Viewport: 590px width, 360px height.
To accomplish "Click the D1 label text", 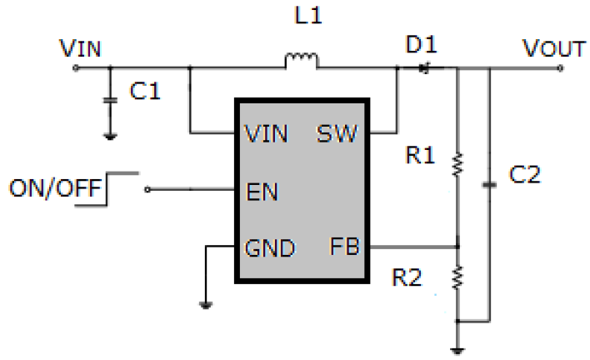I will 421,46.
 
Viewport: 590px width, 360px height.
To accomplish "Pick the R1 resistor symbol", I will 457,164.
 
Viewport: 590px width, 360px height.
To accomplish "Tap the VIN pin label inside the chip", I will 267,133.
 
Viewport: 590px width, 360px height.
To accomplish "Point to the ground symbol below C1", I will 108,133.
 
